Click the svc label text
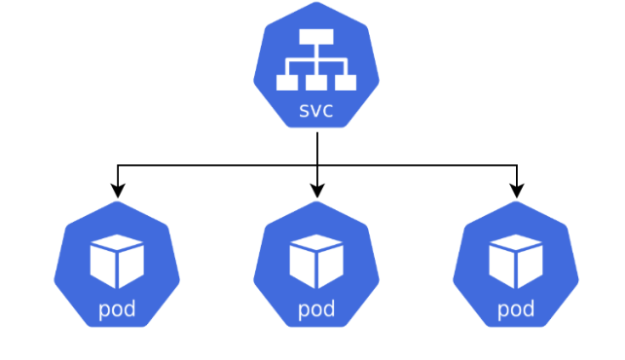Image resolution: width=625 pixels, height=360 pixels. tap(316, 111)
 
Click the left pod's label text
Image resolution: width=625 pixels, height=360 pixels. tap(117, 310)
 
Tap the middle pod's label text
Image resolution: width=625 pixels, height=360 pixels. tap(316, 310)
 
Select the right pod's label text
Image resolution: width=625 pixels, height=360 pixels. tap(516, 310)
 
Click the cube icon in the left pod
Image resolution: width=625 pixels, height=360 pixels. tap(117, 261)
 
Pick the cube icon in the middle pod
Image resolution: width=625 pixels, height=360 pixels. tap(316, 261)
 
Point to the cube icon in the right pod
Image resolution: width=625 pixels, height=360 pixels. tap(516, 261)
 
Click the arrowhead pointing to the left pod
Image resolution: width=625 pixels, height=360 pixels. tap(118, 192)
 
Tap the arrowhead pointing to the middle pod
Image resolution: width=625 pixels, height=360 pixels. tap(317, 192)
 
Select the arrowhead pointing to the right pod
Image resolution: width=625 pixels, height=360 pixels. tap(517, 192)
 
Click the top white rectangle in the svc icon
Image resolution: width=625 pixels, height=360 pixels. tap(316, 37)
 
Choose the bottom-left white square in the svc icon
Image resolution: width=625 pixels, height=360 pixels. tap(287, 83)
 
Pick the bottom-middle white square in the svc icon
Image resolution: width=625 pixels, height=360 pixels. tap(316, 83)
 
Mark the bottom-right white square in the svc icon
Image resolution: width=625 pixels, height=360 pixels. tap(346, 83)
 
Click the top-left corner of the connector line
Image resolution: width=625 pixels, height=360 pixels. tap(118, 166)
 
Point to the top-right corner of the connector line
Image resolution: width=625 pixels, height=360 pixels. tap(517, 166)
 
